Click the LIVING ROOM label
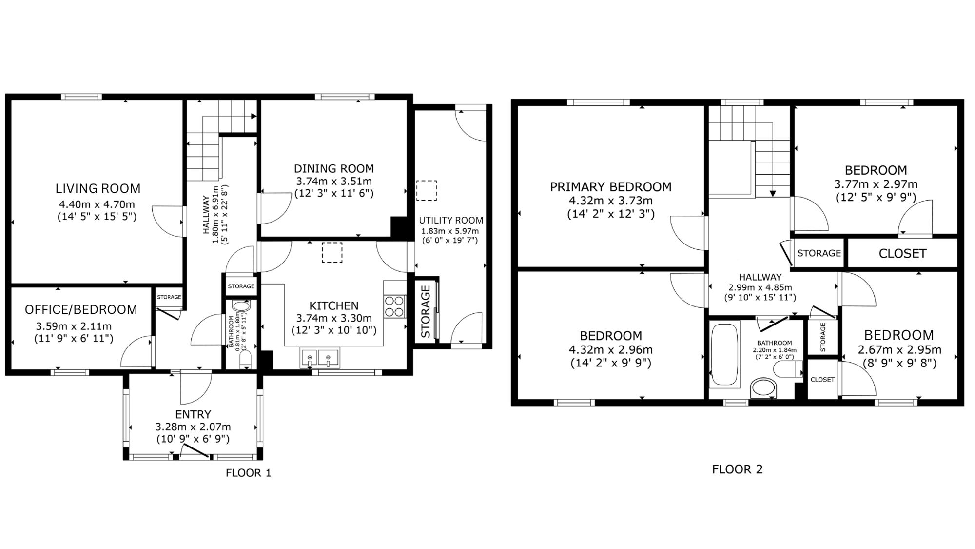pos(97,188)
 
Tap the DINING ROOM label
pos(334,169)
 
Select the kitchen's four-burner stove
pos(395,306)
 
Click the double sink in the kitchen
pos(320,357)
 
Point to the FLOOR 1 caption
pos(248,473)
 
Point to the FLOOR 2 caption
pos(737,469)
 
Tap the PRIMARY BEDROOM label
pos(611,187)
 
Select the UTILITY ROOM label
pos(451,220)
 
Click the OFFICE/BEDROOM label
pos(81,310)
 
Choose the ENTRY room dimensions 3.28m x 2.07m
pos(193,427)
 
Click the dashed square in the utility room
pos(427,191)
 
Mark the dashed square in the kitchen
pos(332,253)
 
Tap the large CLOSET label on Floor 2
pos(902,254)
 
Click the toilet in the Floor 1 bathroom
pos(245,360)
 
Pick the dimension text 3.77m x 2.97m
pos(876,184)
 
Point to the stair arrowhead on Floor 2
pos(773,193)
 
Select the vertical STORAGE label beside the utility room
pos(426,312)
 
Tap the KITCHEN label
pos(334,306)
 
